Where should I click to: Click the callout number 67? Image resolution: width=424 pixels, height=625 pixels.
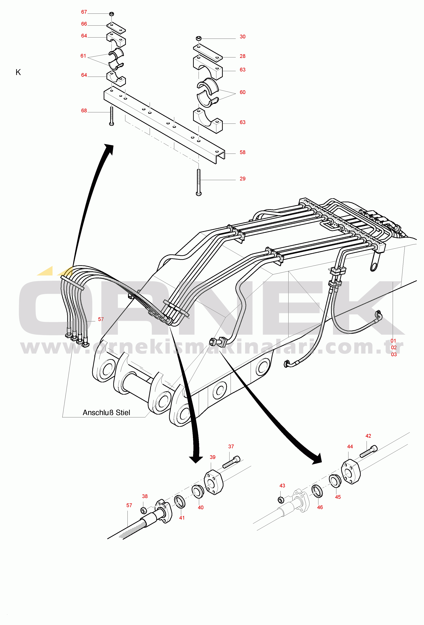(84, 12)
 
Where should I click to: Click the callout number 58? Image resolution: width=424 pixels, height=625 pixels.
(242, 153)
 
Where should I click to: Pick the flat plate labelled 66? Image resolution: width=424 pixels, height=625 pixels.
(116, 27)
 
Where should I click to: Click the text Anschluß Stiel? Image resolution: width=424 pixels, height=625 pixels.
(106, 413)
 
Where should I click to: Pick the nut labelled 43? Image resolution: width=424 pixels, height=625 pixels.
(281, 500)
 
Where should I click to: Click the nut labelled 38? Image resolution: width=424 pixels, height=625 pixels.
(144, 510)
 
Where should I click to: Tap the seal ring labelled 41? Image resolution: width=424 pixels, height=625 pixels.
(179, 502)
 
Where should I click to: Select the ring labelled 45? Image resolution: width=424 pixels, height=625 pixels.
(335, 481)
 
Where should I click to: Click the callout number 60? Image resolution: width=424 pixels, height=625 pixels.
(242, 92)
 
